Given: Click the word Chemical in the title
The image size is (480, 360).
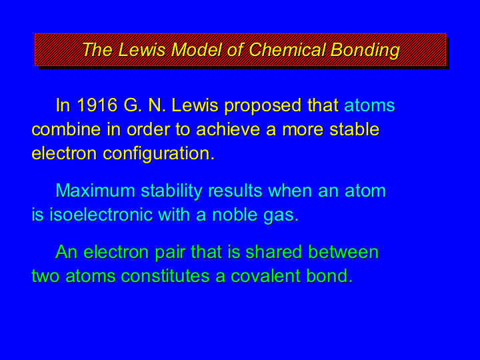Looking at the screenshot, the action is (287, 49).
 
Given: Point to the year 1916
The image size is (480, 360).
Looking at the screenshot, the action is (97, 105).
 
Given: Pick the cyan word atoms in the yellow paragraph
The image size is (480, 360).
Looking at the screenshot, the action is (369, 105).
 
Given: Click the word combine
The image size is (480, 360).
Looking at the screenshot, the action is (66, 129).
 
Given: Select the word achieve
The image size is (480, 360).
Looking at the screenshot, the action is (228, 129).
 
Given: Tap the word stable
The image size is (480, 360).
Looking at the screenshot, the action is (355, 129).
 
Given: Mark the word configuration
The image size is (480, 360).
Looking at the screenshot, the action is (159, 154).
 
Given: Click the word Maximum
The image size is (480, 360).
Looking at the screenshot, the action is (95, 191).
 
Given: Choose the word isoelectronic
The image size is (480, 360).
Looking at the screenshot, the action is (101, 215).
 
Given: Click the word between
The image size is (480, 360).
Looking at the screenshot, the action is (343, 252).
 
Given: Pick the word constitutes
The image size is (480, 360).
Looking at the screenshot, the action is (165, 276).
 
